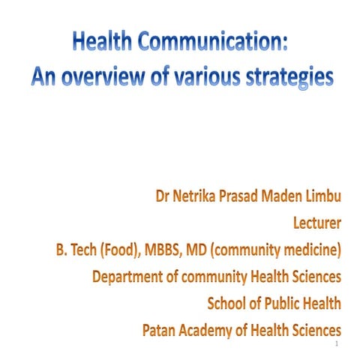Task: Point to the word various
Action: pos(199,77)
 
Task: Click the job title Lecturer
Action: pos(314,223)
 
